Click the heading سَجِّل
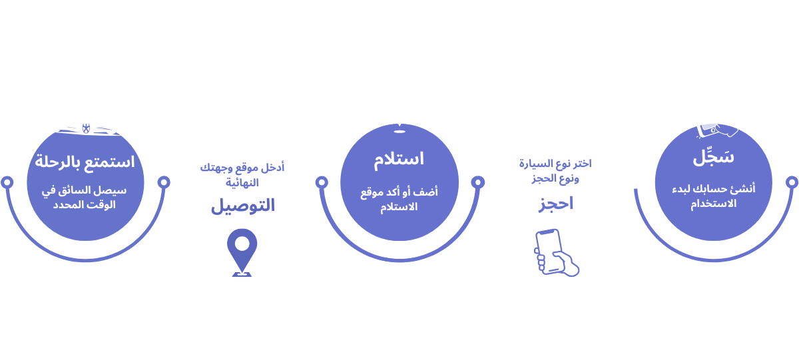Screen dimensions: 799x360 (713, 158)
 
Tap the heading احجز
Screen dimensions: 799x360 (555, 204)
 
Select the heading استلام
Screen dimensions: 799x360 (400, 160)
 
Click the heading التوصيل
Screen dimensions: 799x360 (243, 205)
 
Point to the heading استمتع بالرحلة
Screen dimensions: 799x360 (85, 161)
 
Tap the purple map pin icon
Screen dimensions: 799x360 (242, 252)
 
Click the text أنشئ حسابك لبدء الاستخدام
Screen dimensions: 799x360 (713, 196)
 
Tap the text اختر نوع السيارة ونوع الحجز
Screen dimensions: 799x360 (556, 170)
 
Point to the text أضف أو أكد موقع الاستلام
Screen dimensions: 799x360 (400, 199)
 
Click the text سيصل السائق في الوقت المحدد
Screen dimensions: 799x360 (86, 197)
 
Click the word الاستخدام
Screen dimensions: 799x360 (713, 204)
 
